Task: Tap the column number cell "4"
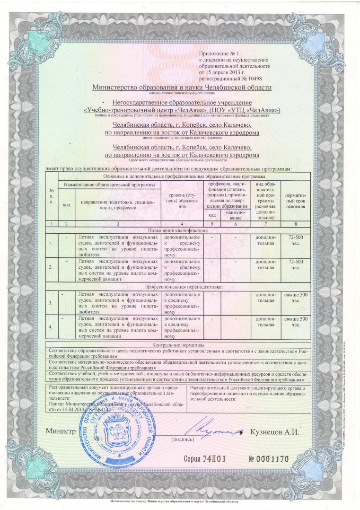tap(182, 223)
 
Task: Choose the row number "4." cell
tap(51, 325)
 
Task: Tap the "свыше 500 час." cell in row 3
tap(296, 297)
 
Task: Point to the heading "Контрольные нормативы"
tap(178, 345)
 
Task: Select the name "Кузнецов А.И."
tap(274, 432)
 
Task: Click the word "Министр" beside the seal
tap(61, 432)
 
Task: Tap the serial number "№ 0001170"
tap(269, 458)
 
